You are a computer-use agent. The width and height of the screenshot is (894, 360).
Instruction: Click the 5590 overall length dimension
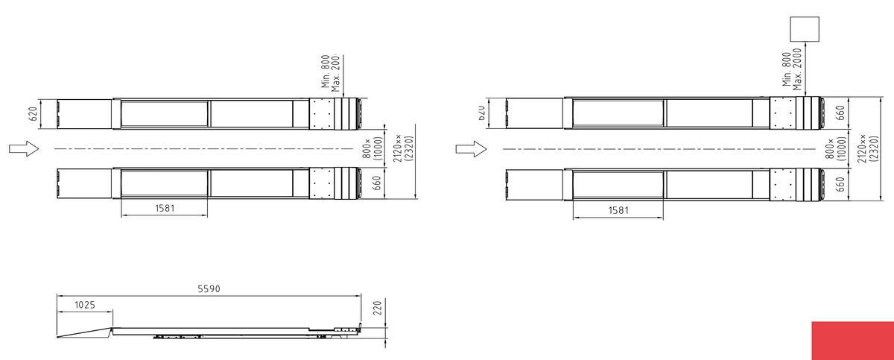pos(209,289)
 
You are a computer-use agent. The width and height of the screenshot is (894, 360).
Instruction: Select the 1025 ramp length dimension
pos(85,306)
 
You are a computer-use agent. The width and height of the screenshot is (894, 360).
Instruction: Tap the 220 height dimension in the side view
pos(377,308)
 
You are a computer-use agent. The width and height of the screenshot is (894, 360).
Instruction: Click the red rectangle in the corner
pos(852,341)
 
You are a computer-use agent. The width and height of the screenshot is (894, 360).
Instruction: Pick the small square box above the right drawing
pos(805,29)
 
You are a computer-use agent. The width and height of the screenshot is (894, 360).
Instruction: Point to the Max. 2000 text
pos(797,69)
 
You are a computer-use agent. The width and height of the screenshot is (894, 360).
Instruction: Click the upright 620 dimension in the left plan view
pos(34,114)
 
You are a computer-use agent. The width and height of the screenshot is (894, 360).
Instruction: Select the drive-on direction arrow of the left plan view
pos(24,149)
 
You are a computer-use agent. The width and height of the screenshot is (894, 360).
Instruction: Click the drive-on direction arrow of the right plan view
pos(472,149)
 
